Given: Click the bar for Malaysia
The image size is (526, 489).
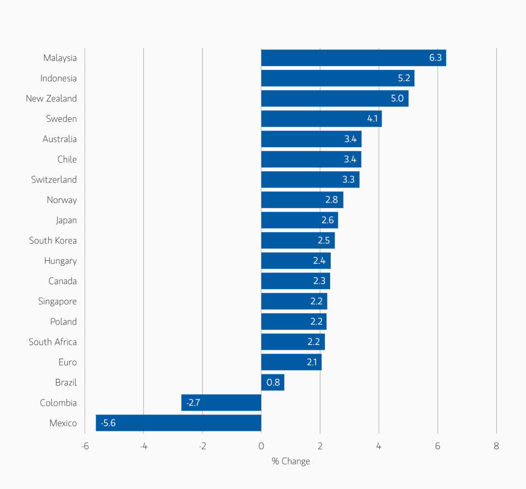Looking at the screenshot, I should (353, 58).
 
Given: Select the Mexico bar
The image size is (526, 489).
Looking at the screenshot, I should (179, 423).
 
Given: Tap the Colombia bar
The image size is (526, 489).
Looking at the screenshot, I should (221, 403).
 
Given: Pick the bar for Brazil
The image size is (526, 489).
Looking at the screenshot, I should (273, 383).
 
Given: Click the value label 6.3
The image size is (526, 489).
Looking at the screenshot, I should (435, 58).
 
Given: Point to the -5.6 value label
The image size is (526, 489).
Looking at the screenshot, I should (108, 423).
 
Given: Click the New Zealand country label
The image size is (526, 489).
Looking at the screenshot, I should (51, 98).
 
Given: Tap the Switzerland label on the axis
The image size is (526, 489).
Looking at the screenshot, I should (54, 180).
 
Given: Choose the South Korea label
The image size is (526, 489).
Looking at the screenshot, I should (53, 241).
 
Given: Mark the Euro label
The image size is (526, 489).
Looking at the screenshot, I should (67, 363).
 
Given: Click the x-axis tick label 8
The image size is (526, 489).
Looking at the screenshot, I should (496, 446).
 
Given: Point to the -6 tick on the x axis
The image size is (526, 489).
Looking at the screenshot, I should (84, 446).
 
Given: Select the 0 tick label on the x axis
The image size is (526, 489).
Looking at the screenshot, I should (261, 446).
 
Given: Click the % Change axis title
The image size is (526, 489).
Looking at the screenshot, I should (290, 462).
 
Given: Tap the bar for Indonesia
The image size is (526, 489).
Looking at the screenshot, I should (337, 78).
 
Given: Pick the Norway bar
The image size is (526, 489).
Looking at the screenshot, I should (302, 200).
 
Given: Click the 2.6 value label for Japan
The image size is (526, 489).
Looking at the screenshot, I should (327, 220).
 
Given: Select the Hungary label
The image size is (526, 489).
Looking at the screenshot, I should (60, 261).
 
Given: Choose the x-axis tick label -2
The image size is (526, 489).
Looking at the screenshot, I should (202, 446).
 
